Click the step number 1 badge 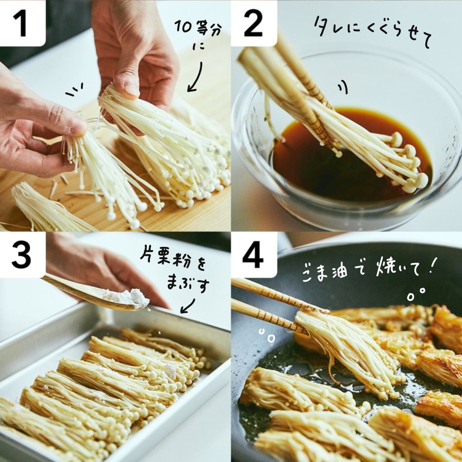click(22, 23)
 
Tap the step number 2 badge click(253, 23)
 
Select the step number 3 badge click(22, 254)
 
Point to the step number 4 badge click(253, 254)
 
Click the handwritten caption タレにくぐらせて click(373, 33)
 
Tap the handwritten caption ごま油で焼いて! click(368, 269)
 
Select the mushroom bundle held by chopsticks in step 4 click(348, 354)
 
